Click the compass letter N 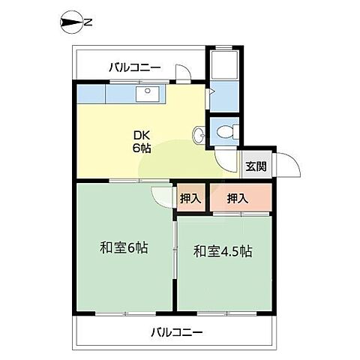[x=88, y=22]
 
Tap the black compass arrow [x=72, y=22]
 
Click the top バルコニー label [x=135, y=67]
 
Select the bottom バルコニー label [x=177, y=332]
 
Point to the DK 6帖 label [x=142, y=142]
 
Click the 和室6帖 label [x=124, y=248]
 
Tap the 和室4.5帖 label [x=223, y=251]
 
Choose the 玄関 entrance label [x=256, y=166]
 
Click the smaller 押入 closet [x=190, y=198]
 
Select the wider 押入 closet [x=241, y=197]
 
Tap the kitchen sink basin [x=148, y=94]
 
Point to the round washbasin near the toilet [x=199, y=136]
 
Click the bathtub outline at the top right [x=224, y=64]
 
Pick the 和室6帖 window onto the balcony [x=125, y=313]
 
